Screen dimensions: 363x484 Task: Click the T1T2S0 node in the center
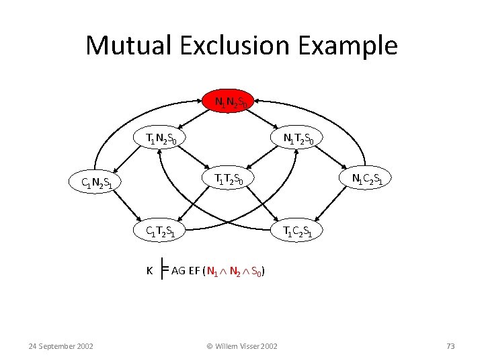[x=229, y=178]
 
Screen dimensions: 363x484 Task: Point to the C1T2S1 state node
[x=162, y=231]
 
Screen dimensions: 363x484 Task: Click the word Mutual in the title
[x=125, y=46]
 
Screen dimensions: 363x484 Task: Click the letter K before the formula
[x=149, y=271]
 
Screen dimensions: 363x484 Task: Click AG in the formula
[x=178, y=271]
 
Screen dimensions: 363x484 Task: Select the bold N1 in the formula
[x=212, y=272]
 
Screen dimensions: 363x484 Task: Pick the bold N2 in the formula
[x=234, y=272]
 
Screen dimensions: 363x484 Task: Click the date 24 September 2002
[x=61, y=346]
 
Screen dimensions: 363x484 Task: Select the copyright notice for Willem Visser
[x=241, y=346]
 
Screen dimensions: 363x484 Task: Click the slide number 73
[x=450, y=346]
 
